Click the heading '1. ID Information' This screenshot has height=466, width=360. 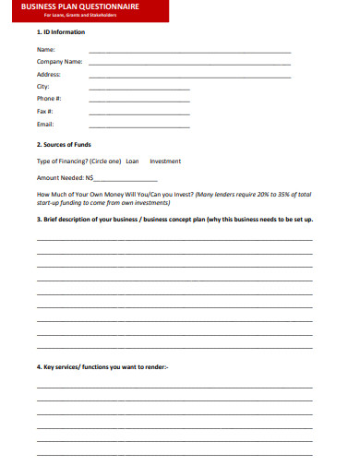(61, 32)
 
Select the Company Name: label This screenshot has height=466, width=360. (60, 62)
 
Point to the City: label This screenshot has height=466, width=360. (43, 86)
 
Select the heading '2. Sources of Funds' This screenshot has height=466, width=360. (64, 145)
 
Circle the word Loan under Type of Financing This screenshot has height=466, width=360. (132, 161)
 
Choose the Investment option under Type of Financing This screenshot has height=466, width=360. (165, 161)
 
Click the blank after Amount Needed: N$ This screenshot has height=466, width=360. (126, 179)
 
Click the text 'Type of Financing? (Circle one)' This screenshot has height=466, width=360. (78, 161)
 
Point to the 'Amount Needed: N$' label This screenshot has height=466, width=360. (65, 177)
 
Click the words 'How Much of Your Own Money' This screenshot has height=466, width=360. (80, 194)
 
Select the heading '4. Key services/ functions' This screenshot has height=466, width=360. (102, 366)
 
